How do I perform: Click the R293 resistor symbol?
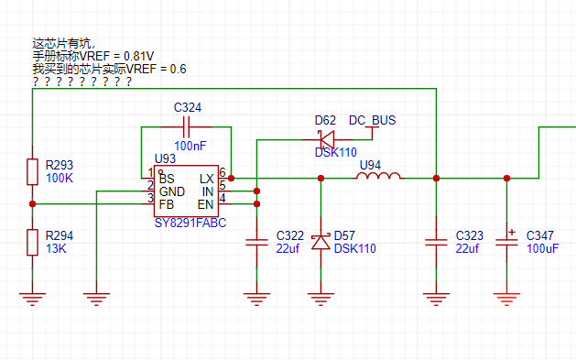tap(32, 171)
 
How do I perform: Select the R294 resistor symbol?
tap(32, 242)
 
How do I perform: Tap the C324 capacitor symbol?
tap(186, 127)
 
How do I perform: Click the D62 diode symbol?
tap(327, 139)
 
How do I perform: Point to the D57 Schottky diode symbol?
tap(321, 242)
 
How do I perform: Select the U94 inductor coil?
tap(379, 176)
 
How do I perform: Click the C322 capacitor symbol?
tap(256, 242)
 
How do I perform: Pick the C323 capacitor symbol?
tap(436, 242)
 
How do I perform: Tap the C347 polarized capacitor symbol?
tap(506, 241)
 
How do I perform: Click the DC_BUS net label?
tap(372, 121)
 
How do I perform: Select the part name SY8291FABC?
tap(190, 223)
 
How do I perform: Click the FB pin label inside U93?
tap(167, 204)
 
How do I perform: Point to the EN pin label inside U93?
tap(205, 204)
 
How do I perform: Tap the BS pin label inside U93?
tap(167, 179)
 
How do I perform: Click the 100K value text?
tap(60, 178)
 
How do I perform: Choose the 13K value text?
tap(56, 248)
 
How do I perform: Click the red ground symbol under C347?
tap(506, 299)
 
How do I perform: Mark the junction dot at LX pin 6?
tap(231, 178)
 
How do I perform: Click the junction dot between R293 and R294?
tap(32, 204)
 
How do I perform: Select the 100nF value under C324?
tap(190, 146)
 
